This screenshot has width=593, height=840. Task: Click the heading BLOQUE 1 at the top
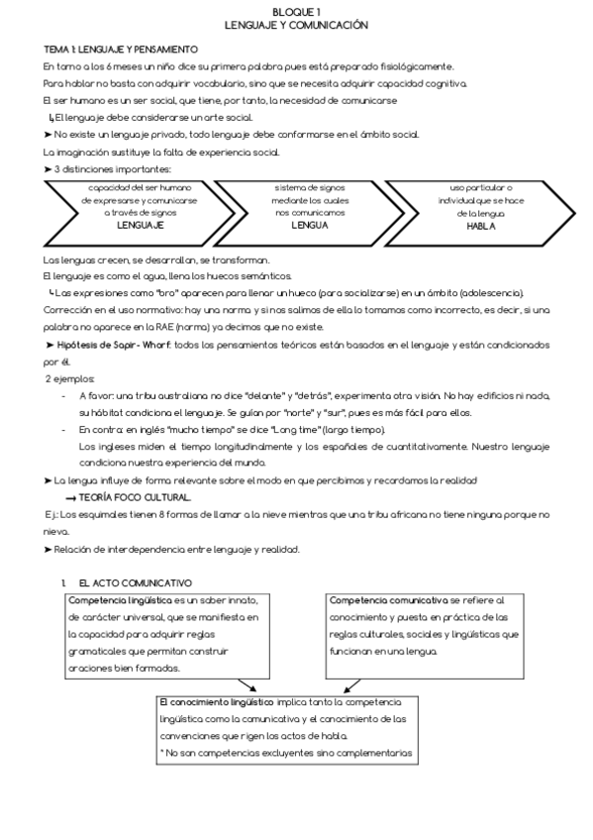[x=296, y=9]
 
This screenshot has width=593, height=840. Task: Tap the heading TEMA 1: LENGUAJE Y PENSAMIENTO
[x=121, y=50]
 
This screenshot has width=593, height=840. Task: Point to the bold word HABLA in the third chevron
[x=481, y=226]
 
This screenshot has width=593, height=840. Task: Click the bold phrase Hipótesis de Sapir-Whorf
[x=111, y=344]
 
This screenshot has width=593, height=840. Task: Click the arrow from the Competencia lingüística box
[x=247, y=686]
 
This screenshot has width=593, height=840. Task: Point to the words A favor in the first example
[x=97, y=394]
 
